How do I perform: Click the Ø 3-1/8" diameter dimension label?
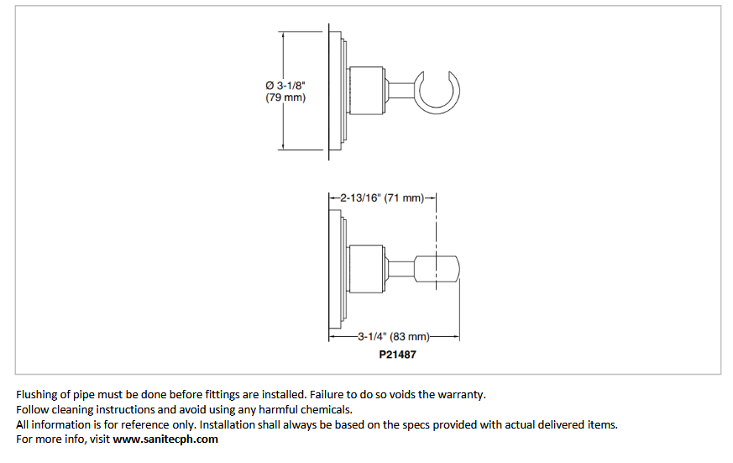pyautogui.click(x=285, y=86)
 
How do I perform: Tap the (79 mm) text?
pyautogui.click(x=285, y=97)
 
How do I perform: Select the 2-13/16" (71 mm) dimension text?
pyautogui.click(x=382, y=197)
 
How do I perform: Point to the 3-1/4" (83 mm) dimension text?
pyautogui.click(x=394, y=336)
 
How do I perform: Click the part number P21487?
pyautogui.click(x=397, y=355)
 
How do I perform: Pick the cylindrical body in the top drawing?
pyautogui.click(x=366, y=90)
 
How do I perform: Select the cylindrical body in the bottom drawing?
pyautogui.click(x=366, y=269)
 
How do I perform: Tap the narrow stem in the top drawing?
pyautogui.click(x=401, y=91)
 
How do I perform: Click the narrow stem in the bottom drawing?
pyautogui.click(x=401, y=269)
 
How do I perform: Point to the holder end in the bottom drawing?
pyautogui.click(x=437, y=269)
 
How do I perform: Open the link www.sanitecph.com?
pyautogui.click(x=165, y=439)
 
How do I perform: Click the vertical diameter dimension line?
pyautogui.click(x=283, y=92)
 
